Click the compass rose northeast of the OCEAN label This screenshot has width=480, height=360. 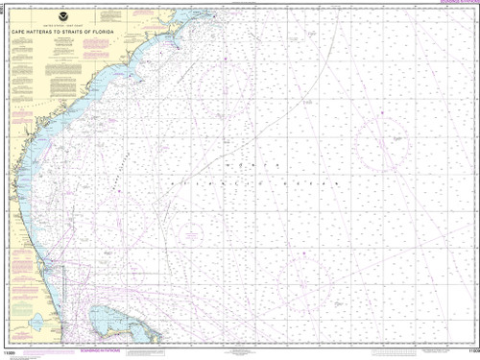pos(375,134)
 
